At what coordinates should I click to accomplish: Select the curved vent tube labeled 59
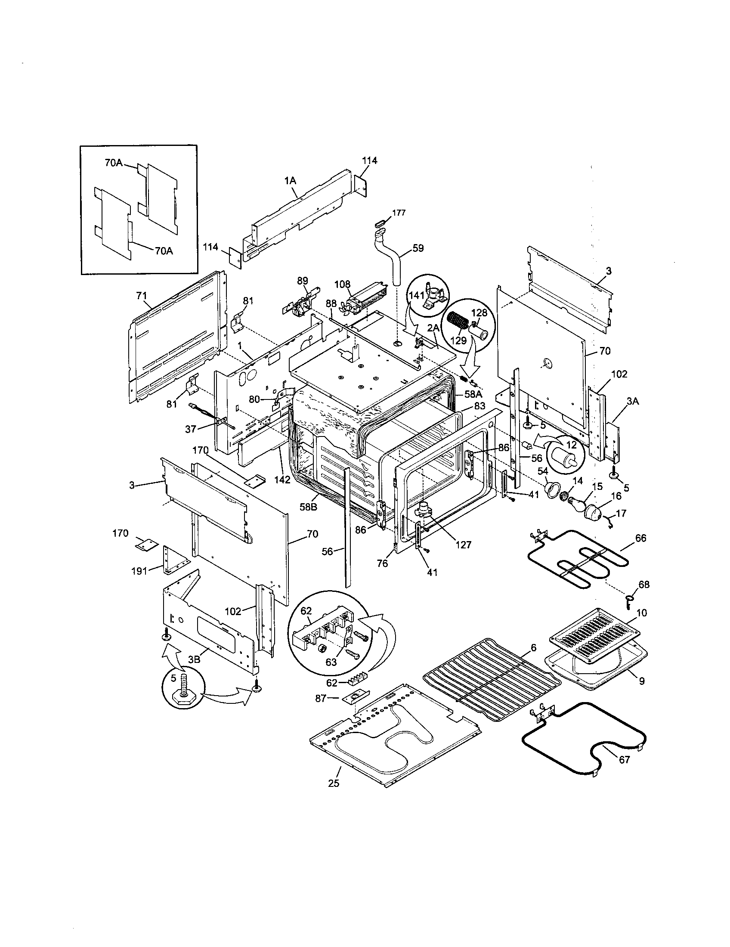click(x=393, y=260)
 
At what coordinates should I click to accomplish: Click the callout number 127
click(x=463, y=545)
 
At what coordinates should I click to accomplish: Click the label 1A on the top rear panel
click(x=290, y=181)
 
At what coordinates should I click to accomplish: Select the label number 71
click(x=142, y=296)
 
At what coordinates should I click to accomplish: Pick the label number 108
click(x=342, y=285)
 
